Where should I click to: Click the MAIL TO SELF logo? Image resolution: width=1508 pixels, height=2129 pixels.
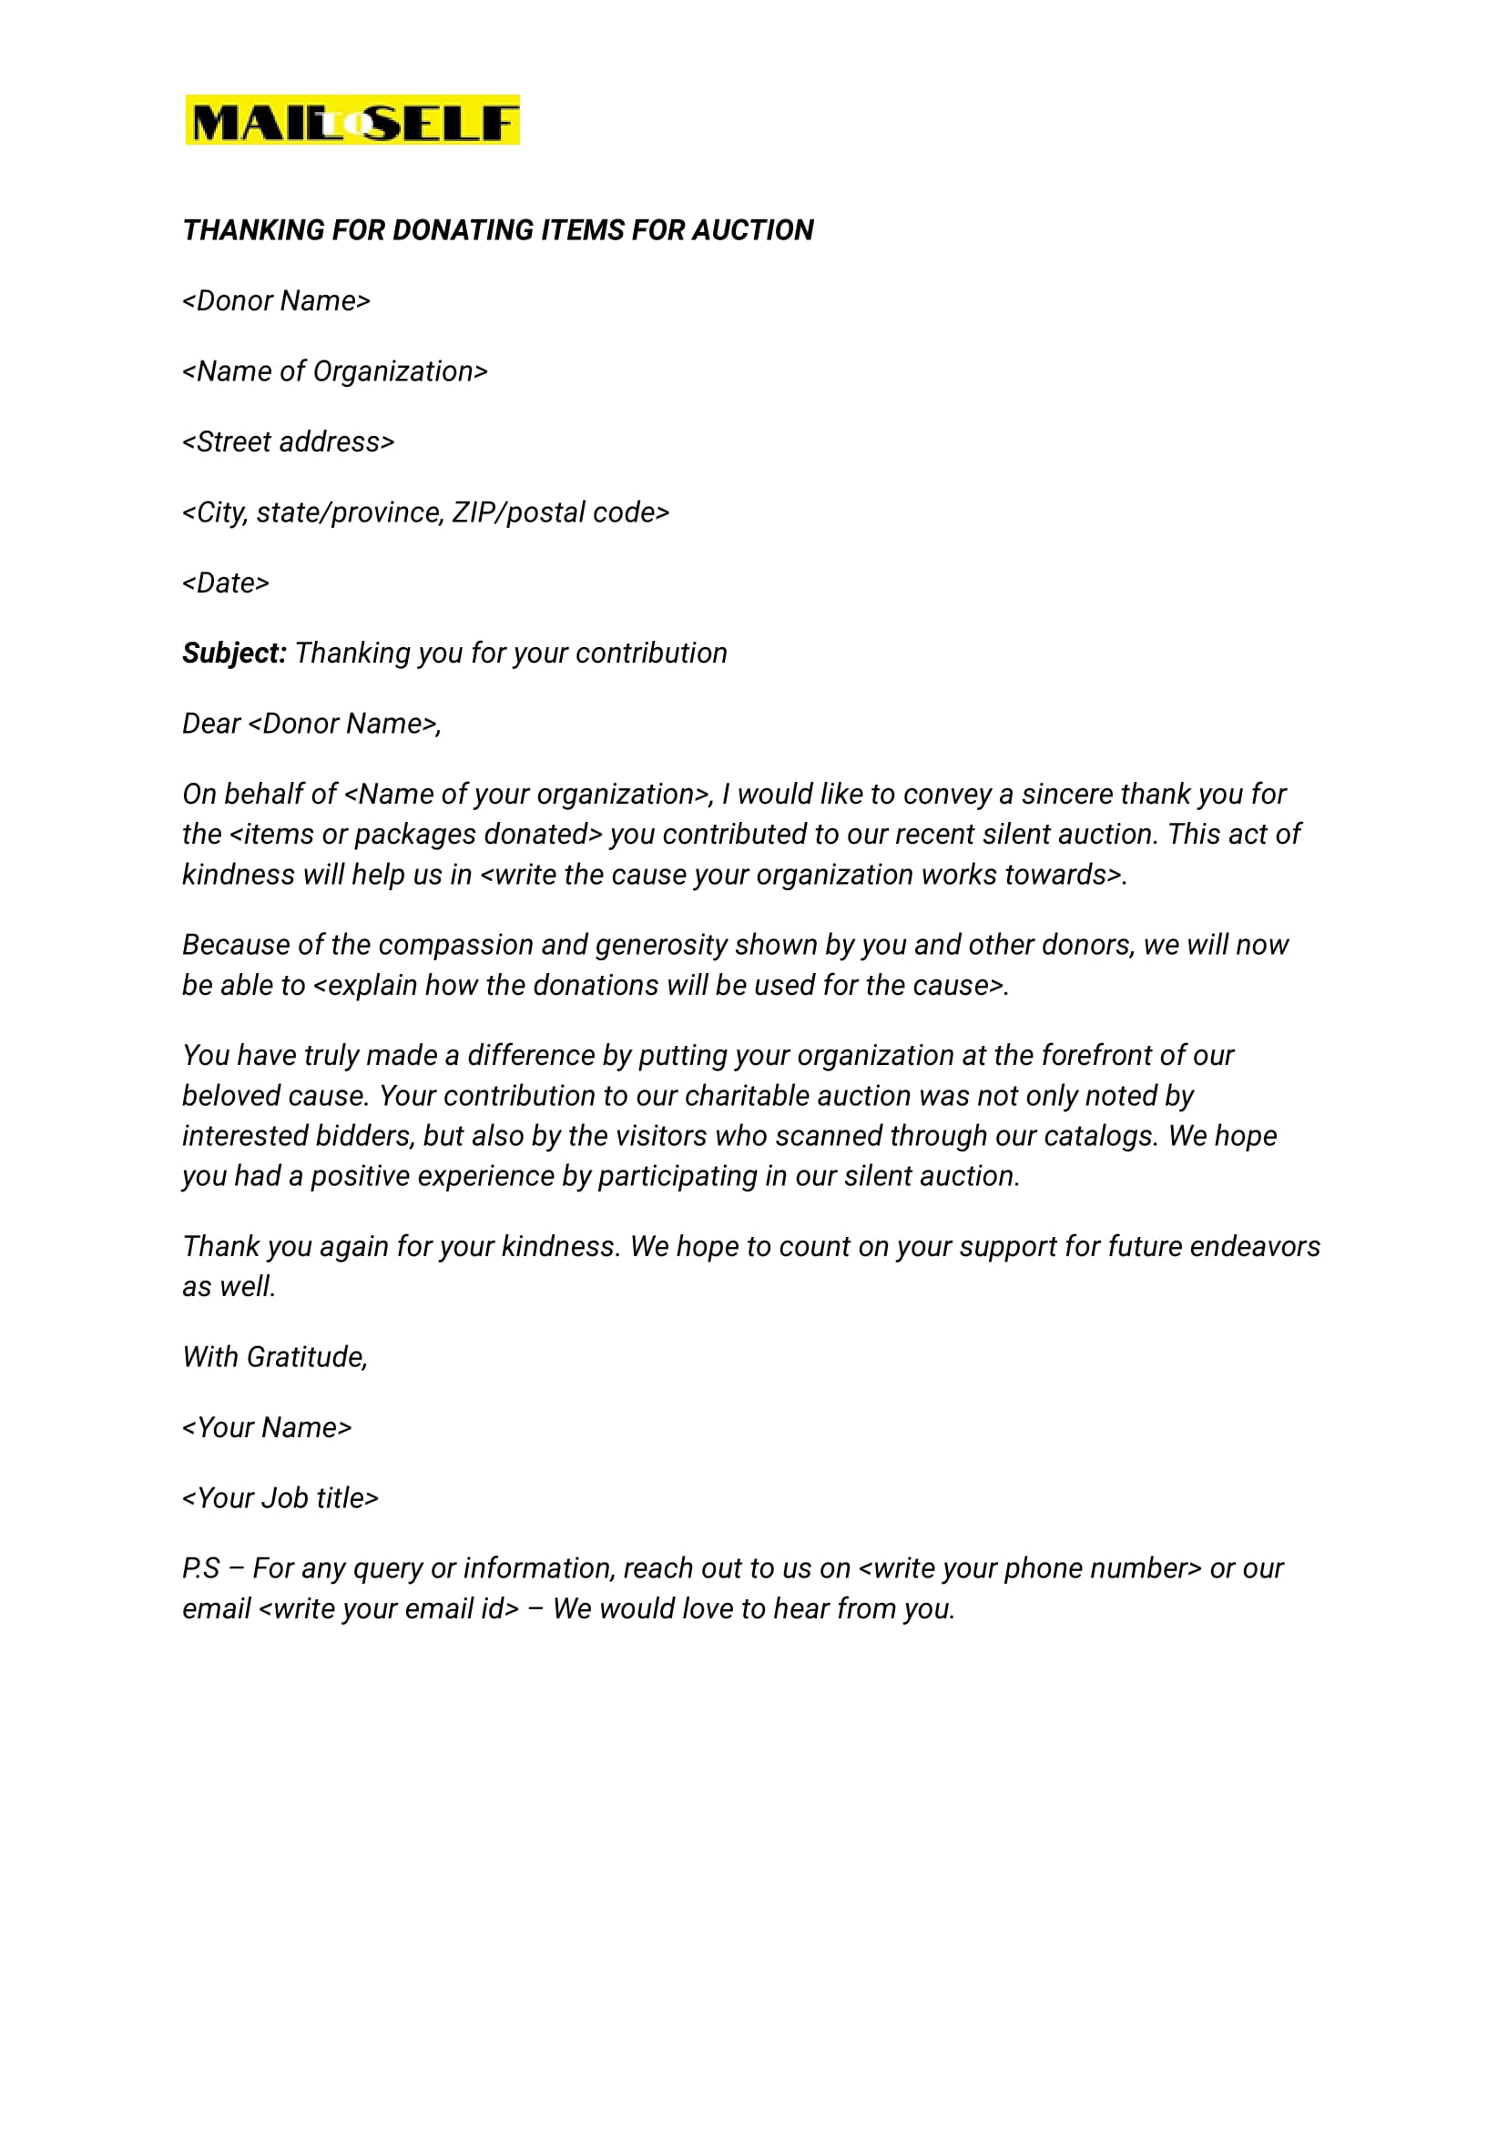click(352, 120)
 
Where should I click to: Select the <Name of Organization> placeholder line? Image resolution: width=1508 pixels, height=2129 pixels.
click(335, 371)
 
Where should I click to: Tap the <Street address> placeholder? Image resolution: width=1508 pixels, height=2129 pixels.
click(289, 441)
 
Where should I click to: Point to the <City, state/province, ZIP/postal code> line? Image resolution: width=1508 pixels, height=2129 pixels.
click(426, 512)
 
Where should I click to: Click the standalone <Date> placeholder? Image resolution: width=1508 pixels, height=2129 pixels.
click(226, 583)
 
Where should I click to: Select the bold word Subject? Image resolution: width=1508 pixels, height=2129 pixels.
click(234, 654)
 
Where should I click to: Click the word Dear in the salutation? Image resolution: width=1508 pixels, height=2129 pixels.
click(210, 724)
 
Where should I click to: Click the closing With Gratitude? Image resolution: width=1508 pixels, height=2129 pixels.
click(275, 1357)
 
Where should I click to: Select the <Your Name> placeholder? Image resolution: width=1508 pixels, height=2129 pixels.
click(268, 1427)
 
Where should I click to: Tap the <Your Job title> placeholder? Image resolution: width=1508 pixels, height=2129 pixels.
click(280, 1498)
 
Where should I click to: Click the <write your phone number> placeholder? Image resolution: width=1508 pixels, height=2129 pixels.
click(1030, 1568)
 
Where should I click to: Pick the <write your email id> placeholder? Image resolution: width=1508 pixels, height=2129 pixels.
click(388, 1608)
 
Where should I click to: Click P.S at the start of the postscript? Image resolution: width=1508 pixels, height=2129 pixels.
click(200, 1568)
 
